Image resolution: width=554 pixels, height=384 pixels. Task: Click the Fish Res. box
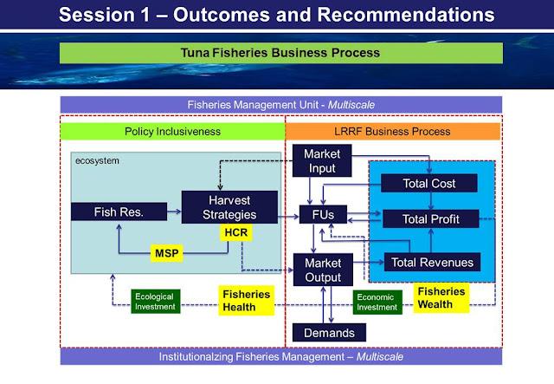tap(117, 212)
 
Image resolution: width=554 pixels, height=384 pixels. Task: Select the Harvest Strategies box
tap(229, 207)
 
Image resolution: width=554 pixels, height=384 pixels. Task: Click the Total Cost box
tap(429, 183)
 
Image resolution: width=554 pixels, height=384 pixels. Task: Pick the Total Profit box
tap(429, 218)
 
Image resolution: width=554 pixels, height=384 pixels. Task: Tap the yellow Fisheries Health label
tap(248, 300)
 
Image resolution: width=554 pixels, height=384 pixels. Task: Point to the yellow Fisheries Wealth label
tap(441, 297)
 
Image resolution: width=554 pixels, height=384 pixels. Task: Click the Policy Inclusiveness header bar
tap(172, 131)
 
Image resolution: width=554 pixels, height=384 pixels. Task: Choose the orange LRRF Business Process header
tap(393, 131)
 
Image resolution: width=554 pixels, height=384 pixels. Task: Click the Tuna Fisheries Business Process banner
tap(280, 53)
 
